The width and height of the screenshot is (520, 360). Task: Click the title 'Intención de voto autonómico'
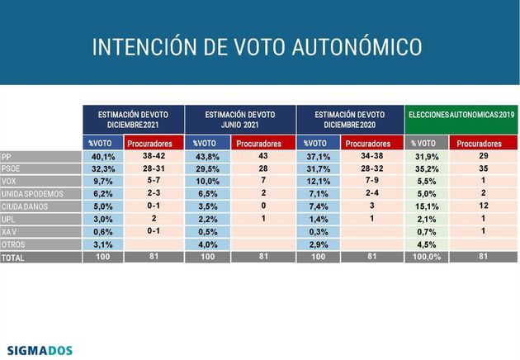[258, 46]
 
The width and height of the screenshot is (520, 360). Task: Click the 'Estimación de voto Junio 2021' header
[239, 118]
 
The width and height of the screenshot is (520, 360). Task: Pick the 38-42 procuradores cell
[155, 156]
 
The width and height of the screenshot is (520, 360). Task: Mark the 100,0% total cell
[426, 257]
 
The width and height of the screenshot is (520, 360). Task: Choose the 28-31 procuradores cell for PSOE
[155, 168]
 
